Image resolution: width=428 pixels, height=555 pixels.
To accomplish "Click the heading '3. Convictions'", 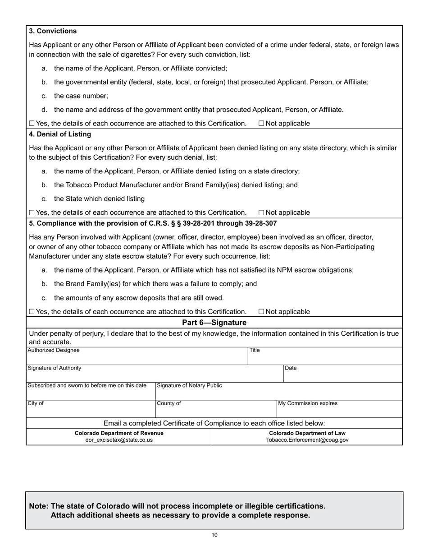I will point(53,31).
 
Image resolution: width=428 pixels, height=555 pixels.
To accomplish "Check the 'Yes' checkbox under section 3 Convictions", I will point(32,124).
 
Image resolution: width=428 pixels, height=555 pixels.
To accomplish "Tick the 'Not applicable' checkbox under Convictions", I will point(261,124).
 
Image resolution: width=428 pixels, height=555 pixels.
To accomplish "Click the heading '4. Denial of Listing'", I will point(60,134).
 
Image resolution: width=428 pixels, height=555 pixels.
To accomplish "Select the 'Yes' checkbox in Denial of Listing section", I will point(32,213).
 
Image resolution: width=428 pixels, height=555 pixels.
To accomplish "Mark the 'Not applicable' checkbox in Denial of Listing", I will point(261,213).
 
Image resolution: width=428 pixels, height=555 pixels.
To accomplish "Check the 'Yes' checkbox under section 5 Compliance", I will point(32,312).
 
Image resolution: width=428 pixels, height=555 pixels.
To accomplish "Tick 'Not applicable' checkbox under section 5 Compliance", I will point(261,312).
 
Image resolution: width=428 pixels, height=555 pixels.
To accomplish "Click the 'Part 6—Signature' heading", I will point(214,323).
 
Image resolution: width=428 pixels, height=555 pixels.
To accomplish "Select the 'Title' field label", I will point(255,350).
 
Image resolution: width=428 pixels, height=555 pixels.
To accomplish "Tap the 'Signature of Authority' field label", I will point(55,368).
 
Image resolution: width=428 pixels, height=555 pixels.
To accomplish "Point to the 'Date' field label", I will point(291,368).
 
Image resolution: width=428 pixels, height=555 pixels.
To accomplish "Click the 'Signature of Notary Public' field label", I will point(189,386).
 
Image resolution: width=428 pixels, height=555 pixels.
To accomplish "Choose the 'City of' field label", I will point(36,403).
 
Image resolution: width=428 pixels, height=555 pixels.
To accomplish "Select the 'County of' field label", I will point(169,403).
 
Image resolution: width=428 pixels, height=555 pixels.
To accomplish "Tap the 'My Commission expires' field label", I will point(308,403).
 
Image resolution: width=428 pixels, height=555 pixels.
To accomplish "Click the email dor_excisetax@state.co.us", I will point(119,440).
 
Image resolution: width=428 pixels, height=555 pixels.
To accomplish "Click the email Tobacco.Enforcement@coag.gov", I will point(307,440).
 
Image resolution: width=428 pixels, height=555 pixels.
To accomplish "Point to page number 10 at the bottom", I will point(214,536).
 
